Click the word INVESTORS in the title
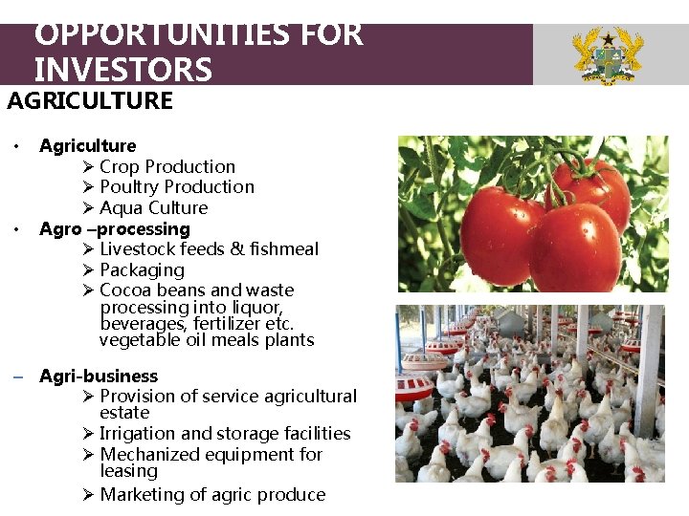pos(122,69)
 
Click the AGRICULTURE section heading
pos(90,101)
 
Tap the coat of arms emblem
pos(607,55)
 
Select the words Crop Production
pos(167,166)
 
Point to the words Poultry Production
pos(177,186)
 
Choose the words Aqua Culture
pos(153,207)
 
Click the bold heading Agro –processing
pos(115,229)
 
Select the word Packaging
pos(142,270)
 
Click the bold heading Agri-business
pos(99,376)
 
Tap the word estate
pos(124,413)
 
